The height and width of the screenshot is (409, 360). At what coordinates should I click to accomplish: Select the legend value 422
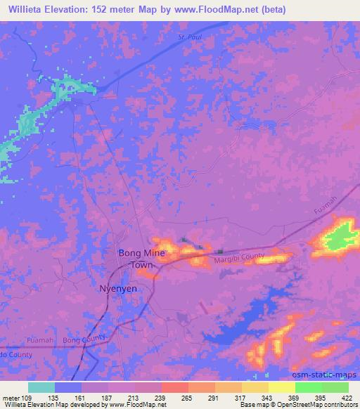(347, 397)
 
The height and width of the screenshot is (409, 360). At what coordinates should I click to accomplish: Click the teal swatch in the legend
(41, 387)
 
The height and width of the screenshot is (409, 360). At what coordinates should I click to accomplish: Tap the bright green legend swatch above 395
(308, 387)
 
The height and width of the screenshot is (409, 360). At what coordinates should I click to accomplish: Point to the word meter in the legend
(12, 397)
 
